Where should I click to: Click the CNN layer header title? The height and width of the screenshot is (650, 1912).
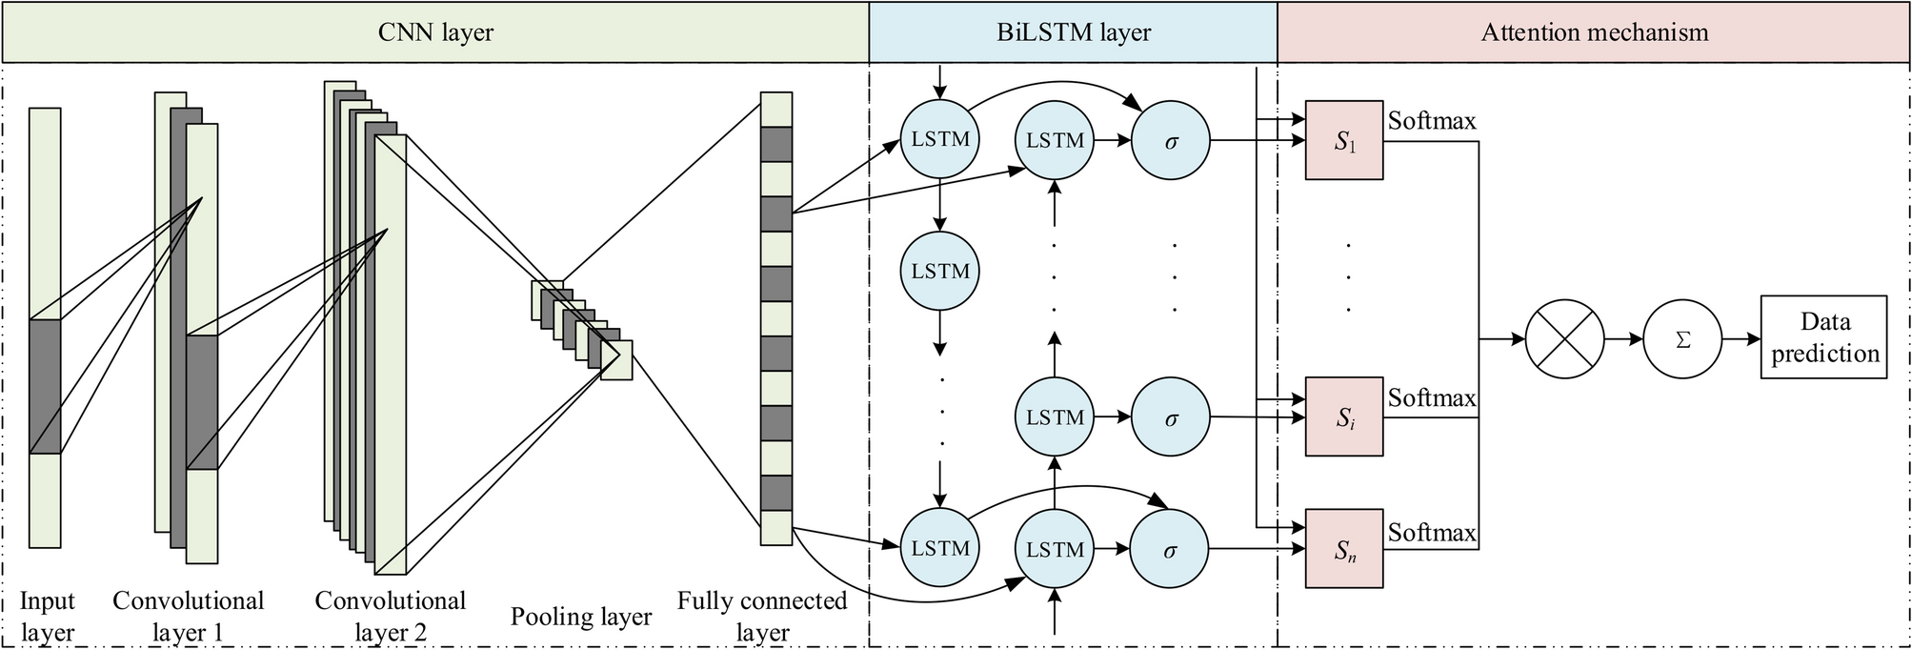(x=435, y=32)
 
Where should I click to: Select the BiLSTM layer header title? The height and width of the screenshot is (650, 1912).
(x=1074, y=32)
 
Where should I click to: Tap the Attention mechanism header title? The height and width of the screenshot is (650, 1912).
(x=1594, y=32)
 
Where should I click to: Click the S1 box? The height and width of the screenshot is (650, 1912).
(x=1344, y=140)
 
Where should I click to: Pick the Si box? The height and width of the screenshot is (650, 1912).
(x=1344, y=416)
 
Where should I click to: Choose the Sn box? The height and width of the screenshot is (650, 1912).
(x=1344, y=548)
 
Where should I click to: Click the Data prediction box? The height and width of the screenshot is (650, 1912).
(x=1823, y=336)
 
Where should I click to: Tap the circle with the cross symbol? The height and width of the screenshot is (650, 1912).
(x=1564, y=338)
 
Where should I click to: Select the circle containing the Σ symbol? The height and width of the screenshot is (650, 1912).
(x=1681, y=338)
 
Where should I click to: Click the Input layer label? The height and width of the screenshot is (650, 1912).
(x=47, y=617)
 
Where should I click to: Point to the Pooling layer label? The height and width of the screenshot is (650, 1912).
(x=580, y=617)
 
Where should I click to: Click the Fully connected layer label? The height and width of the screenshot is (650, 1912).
(x=762, y=617)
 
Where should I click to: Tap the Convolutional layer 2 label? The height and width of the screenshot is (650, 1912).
(x=390, y=617)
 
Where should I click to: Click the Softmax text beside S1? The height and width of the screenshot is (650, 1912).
(x=1431, y=121)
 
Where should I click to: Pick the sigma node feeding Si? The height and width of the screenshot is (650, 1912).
(x=1170, y=417)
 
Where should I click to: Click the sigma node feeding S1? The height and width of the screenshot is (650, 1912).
(x=1170, y=141)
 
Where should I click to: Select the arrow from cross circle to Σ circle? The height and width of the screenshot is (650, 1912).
(x=1623, y=338)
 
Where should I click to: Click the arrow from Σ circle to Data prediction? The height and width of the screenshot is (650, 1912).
(x=1741, y=338)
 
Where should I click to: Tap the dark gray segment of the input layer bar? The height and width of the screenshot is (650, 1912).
(x=45, y=386)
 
